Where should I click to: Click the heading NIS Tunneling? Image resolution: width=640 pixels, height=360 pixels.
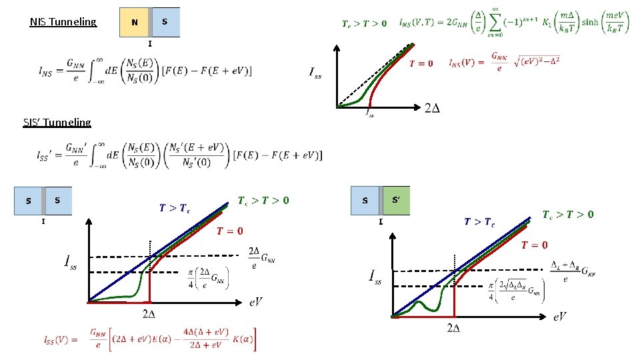tap(63, 22)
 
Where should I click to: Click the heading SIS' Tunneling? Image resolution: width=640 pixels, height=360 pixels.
tap(57, 122)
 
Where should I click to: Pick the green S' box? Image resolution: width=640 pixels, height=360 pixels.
tap(397, 200)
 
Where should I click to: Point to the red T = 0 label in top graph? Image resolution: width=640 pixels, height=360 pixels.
tap(421, 63)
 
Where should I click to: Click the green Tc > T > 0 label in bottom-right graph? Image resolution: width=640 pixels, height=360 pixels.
tap(568, 215)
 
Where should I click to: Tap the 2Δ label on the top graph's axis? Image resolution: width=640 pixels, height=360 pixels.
tap(432, 108)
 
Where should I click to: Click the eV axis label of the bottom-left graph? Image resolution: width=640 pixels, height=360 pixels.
tap(255, 302)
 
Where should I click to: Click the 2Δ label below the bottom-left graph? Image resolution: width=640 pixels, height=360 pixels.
tap(150, 313)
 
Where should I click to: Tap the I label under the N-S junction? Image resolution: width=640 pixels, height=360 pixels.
tap(150, 43)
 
